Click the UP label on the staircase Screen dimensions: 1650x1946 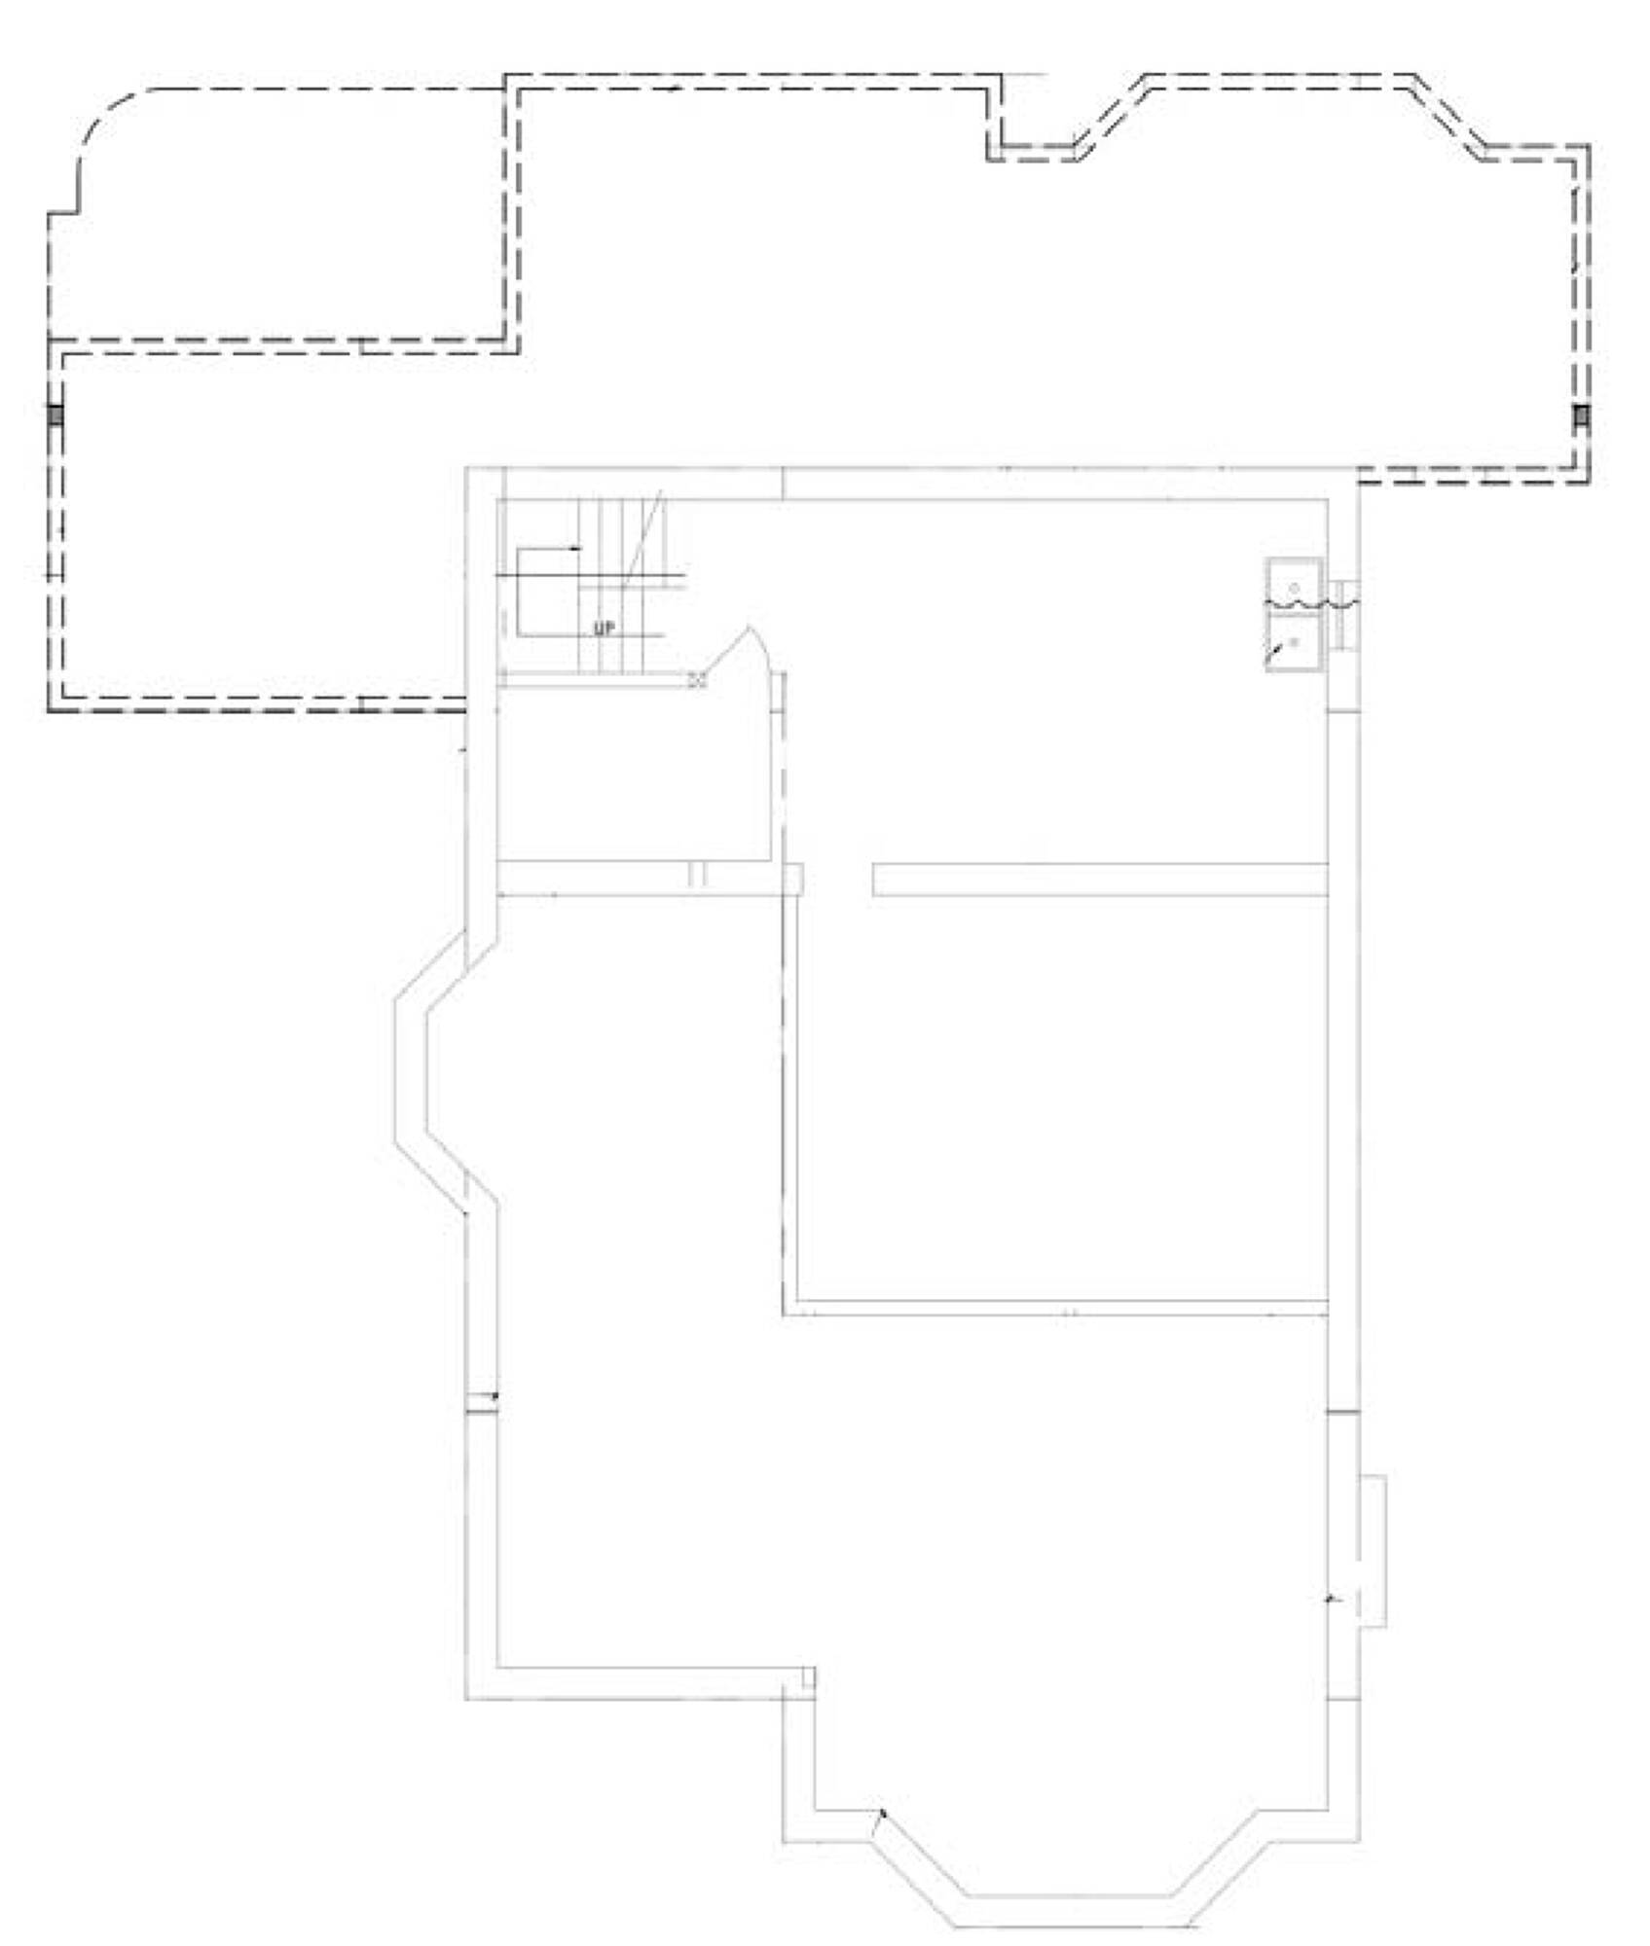coord(605,629)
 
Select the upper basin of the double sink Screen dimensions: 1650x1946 coord(1294,584)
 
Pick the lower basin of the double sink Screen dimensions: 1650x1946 coord(1294,640)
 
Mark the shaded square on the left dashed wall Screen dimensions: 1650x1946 coord(55,415)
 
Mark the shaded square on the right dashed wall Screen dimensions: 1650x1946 coord(1582,416)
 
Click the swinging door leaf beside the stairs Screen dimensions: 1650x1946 coord(745,650)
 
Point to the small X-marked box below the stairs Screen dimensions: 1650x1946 coord(697,680)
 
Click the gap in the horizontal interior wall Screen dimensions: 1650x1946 coord(837,880)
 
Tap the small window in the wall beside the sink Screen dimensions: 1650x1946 coord(1345,614)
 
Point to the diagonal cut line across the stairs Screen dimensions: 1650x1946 coord(643,539)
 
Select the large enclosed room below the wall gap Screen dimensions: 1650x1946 coord(1062,1097)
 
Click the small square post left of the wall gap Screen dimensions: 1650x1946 coord(793,879)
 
